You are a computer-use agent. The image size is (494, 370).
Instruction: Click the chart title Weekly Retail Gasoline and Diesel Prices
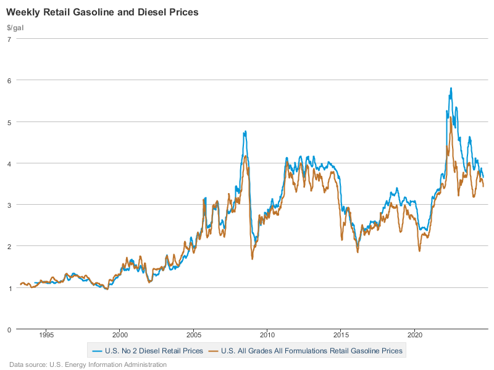pos(102,12)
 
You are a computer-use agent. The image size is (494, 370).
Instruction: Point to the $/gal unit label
pos(15,28)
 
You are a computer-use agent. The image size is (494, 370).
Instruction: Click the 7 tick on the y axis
pos(9,39)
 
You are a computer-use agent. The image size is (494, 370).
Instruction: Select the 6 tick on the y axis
pos(9,80)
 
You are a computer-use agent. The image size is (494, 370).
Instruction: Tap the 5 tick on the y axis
pos(9,121)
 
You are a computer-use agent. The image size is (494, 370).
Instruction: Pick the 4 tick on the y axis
pos(9,163)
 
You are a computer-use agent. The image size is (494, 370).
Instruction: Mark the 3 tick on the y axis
pos(9,205)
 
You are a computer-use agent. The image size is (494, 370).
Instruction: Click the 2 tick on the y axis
pos(9,246)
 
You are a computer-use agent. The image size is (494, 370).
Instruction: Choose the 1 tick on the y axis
pos(9,288)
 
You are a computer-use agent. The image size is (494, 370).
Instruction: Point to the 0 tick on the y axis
pos(9,329)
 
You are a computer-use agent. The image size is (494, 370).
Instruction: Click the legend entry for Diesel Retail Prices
pos(148,351)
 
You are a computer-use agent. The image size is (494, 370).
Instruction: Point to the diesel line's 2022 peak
pos(451,88)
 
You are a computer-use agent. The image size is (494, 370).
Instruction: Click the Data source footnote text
pos(88,364)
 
